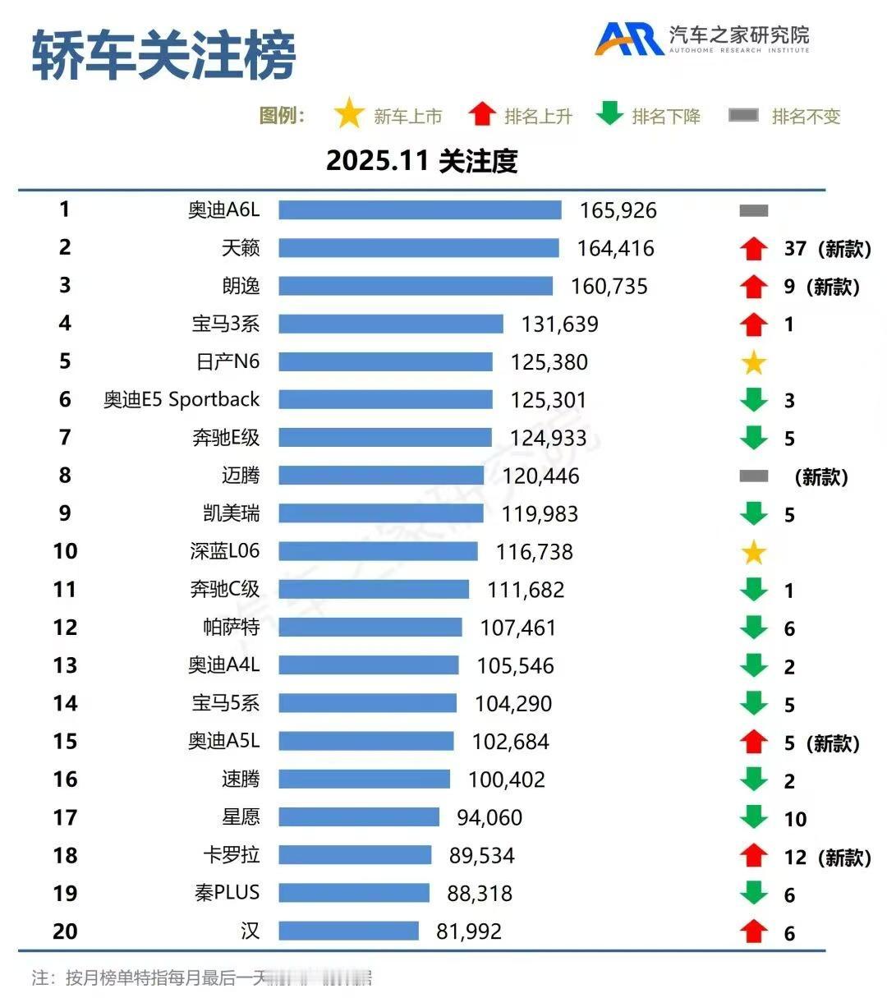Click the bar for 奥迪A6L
click(x=420, y=209)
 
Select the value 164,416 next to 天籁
click(x=615, y=248)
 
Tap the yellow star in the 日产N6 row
click(x=753, y=362)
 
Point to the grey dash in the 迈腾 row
click(x=753, y=476)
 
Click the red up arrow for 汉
click(x=753, y=931)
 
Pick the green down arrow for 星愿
click(x=753, y=817)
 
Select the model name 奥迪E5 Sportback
click(x=182, y=400)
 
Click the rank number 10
click(x=65, y=551)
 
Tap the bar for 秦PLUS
click(x=354, y=893)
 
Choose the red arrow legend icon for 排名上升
click(x=482, y=114)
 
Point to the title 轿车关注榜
click(x=163, y=56)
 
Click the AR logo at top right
click(x=628, y=39)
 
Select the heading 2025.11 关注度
click(x=421, y=160)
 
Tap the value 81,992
click(x=469, y=931)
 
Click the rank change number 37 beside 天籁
click(x=795, y=248)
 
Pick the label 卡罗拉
click(x=232, y=855)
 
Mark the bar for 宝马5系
click(x=367, y=703)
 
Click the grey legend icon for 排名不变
click(x=743, y=116)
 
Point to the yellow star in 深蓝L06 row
click(x=753, y=552)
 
